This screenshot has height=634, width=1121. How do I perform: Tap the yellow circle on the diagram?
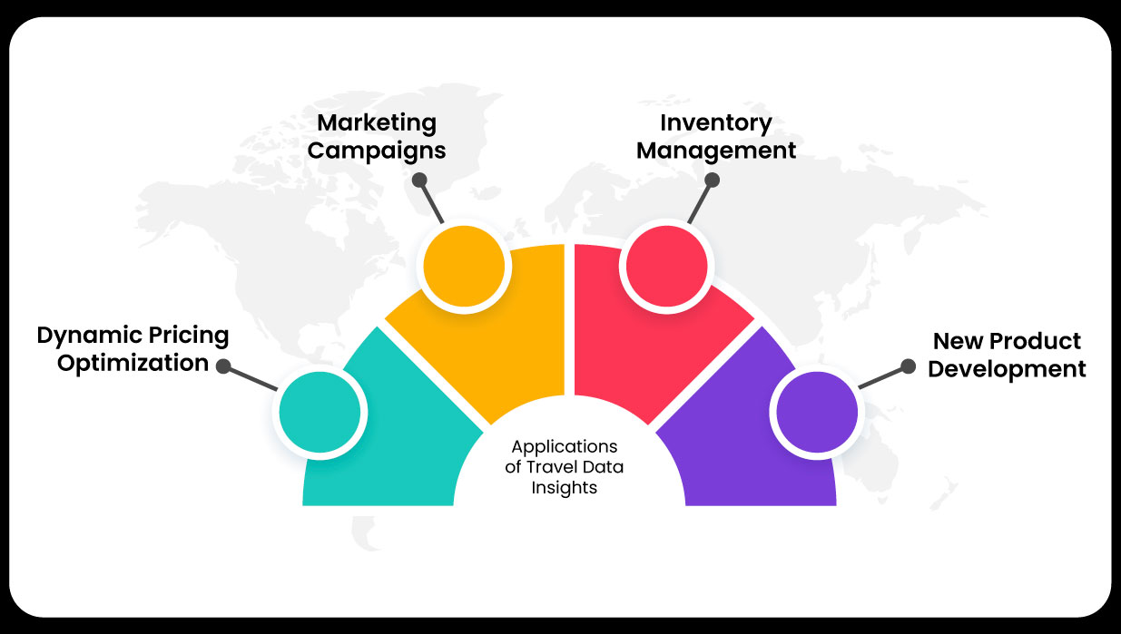pyautogui.click(x=462, y=266)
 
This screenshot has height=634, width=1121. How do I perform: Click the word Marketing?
pyautogui.click(x=377, y=123)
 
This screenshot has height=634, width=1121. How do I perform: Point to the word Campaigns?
pyautogui.click(x=377, y=151)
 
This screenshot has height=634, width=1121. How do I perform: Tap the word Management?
pyautogui.click(x=716, y=151)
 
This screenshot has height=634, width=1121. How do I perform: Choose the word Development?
pyautogui.click(x=1007, y=370)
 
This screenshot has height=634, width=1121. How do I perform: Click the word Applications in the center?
pyautogui.click(x=565, y=447)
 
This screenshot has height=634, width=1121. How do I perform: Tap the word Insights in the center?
pyautogui.click(x=565, y=487)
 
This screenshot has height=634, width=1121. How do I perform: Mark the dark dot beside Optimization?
pyautogui.click(x=223, y=367)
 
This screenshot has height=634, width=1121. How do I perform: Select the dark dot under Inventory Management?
pyautogui.click(x=713, y=180)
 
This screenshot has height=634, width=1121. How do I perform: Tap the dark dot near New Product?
pyautogui.click(x=907, y=366)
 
